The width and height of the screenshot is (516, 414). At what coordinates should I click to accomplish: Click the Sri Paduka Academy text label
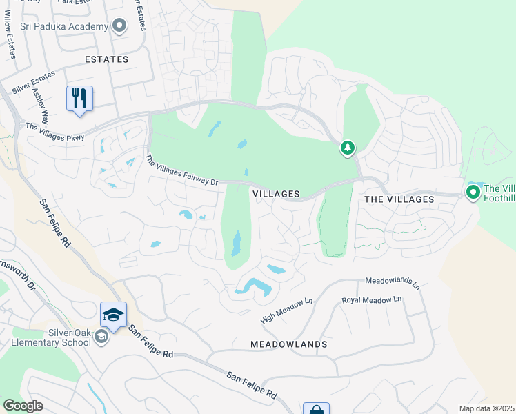coord(64,27)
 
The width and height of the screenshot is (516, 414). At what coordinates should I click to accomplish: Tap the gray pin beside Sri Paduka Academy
coord(119,26)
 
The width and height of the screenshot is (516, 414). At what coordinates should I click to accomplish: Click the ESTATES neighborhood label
coord(106,59)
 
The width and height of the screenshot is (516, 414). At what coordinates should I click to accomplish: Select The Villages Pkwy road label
coord(54,132)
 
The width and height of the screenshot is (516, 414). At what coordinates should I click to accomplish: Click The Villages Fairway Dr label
coord(181,170)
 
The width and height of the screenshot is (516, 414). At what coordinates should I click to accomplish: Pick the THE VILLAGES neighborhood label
coord(399,199)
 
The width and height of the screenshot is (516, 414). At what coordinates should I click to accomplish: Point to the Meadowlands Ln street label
coord(393,282)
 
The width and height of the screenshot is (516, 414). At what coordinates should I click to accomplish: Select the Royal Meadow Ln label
coord(371,300)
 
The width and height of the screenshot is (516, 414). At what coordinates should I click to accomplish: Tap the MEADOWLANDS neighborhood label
coord(288,344)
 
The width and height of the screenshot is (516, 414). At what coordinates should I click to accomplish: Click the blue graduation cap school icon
coord(113,315)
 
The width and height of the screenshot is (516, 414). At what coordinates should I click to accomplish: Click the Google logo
coord(23,406)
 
